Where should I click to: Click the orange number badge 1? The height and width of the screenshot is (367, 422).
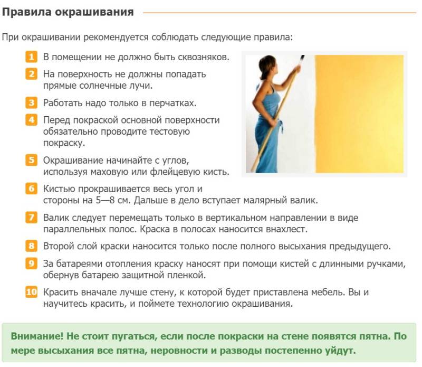tap(32, 57)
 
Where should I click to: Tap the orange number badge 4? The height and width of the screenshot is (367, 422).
tap(32, 119)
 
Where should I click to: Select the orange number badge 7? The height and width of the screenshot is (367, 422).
tap(32, 217)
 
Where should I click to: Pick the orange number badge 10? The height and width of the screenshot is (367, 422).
tap(32, 292)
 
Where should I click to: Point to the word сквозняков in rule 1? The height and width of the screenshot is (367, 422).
tap(204, 57)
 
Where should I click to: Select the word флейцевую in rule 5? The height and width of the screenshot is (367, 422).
tap(175, 172)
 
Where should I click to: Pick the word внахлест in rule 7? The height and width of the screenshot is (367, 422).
tap(286, 229)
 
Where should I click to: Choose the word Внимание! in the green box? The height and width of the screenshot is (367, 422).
tap(37, 336)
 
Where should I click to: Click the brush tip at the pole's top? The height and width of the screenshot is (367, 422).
tap(302, 58)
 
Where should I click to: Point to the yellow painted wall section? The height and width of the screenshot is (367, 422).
tap(359, 114)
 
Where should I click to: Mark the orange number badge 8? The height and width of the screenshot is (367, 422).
tap(32, 246)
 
